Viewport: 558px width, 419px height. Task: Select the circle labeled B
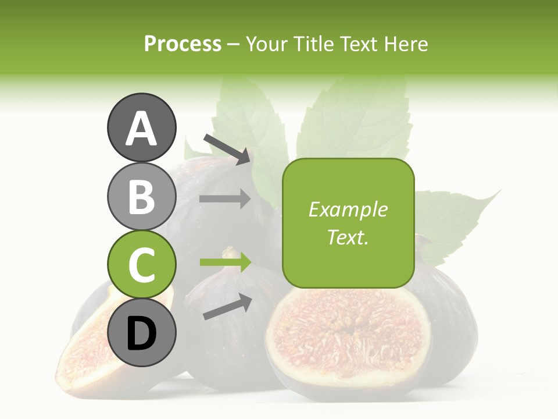pos(141,196)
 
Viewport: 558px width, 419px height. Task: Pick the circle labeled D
pos(141,333)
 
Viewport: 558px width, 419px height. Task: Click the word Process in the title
pos(183,44)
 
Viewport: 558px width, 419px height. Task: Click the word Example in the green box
pos(348,210)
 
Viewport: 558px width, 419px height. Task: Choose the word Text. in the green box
pos(348,237)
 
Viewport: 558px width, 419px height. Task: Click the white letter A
pos(141,129)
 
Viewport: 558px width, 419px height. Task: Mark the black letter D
pos(141,334)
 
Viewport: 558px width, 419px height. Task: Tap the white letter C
pos(141,265)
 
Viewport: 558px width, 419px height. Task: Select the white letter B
pos(141,197)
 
